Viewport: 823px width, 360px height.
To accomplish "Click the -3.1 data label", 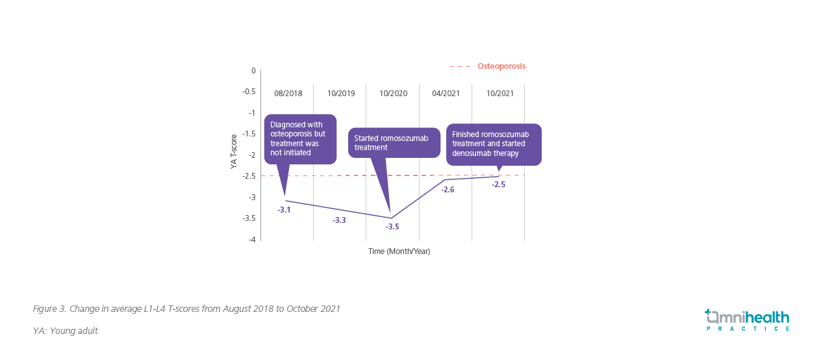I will (x=284, y=210).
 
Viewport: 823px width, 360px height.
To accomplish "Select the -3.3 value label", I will (x=339, y=220).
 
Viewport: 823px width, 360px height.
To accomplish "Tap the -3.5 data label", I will (x=392, y=227).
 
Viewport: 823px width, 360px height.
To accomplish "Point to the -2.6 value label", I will (x=448, y=190).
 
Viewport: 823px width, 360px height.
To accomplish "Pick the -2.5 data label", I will (x=498, y=185).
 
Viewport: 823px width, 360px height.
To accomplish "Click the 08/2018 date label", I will (x=288, y=94).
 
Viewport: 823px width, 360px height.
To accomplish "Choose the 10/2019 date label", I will (x=341, y=94).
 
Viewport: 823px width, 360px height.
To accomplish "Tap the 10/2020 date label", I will (x=394, y=94).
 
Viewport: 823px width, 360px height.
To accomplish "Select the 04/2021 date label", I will (x=446, y=94).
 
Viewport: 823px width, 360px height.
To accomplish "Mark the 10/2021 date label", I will (x=500, y=94).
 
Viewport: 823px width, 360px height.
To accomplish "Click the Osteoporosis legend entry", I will (x=501, y=66).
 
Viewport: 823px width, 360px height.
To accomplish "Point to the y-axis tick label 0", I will (x=253, y=70).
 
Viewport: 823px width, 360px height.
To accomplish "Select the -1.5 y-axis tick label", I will (x=249, y=134).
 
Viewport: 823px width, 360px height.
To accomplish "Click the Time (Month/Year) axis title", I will (x=399, y=251).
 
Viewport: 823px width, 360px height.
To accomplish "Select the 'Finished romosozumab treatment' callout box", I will (x=493, y=144).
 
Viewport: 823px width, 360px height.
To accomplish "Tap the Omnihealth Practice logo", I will (x=747, y=320).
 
